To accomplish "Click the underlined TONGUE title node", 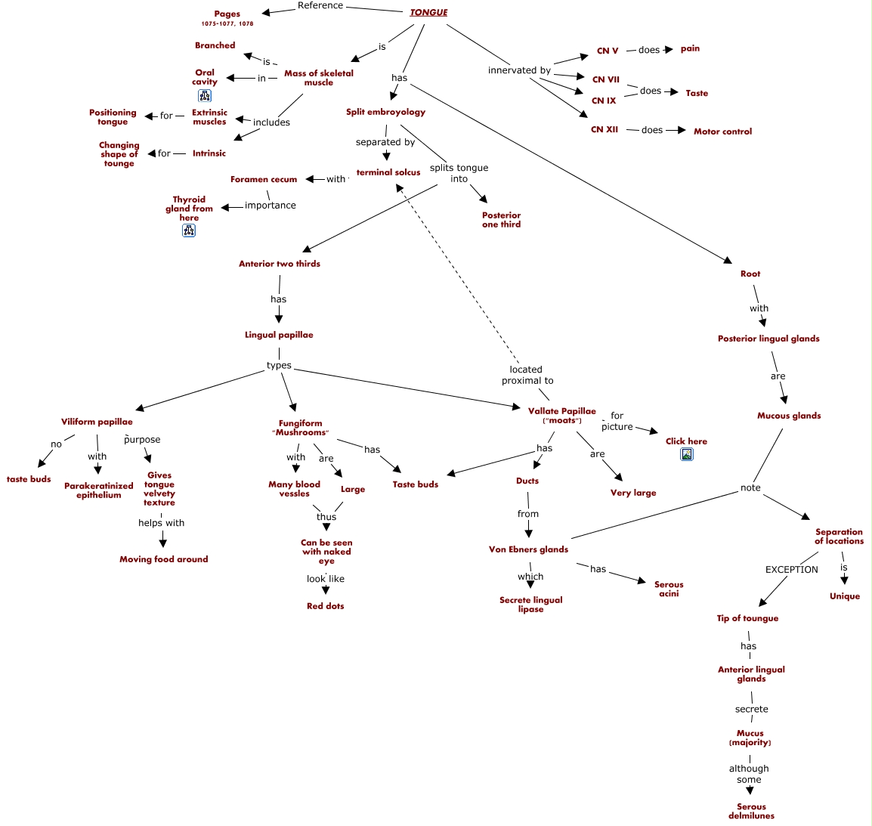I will coord(428,12).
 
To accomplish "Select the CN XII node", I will coord(605,129).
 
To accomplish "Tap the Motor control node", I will coord(722,131).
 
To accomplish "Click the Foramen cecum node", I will coord(264,179).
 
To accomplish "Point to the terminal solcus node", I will coord(388,172).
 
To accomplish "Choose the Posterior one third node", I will coord(501,220).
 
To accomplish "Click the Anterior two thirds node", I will coord(280,264).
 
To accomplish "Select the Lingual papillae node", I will coord(279,335).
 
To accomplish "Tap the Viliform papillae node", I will coord(97,422).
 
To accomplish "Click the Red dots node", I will coord(325,606).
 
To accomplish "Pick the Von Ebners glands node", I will coord(528,549).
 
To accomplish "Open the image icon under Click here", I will coord(687,455).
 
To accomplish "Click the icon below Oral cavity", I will coord(205,96).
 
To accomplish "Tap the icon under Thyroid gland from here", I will coord(189,230).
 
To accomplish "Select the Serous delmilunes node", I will coord(751,811).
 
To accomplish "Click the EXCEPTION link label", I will coord(791,570).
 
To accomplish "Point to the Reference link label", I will coord(320,5).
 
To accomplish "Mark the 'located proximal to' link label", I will coord(527,375).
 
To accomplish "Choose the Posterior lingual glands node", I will coord(768,339).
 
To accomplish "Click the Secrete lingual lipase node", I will coord(530,605).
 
